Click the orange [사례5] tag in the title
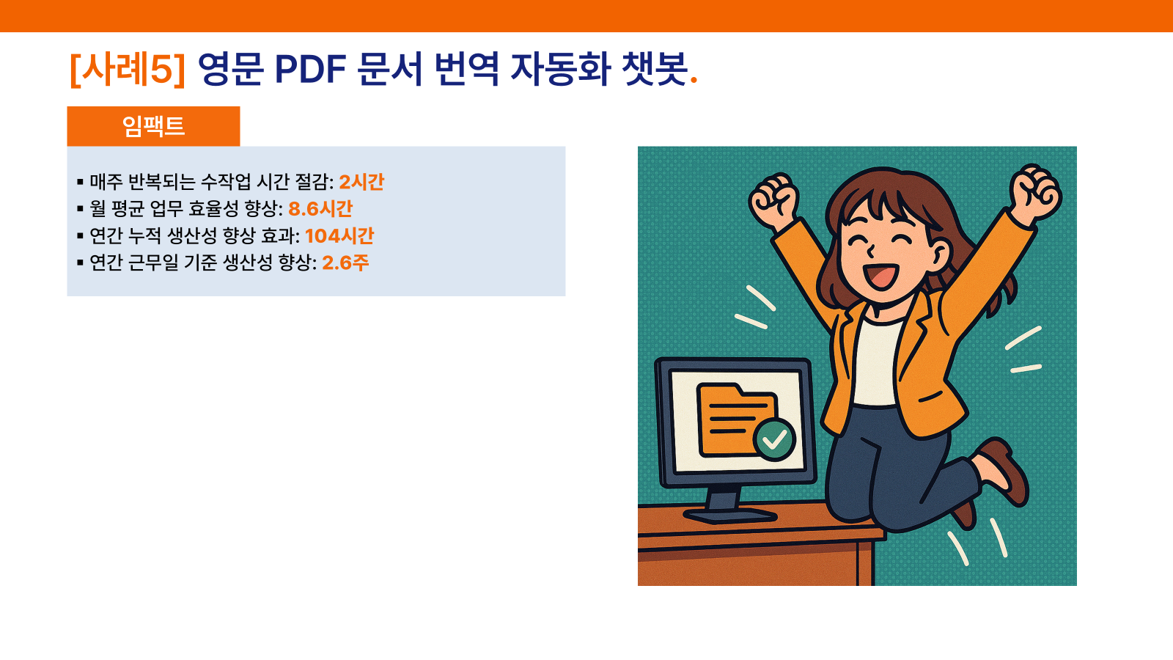coord(128,69)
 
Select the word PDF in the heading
coord(311,69)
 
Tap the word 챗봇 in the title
coord(653,69)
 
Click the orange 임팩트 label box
coord(153,126)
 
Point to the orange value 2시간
coord(361,182)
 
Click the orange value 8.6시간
coord(320,208)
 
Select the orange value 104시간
coord(339,235)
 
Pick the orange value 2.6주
coord(345,263)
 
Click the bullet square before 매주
coord(80,183)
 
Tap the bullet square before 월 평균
coord(80,209)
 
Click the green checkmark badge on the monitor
coord(774,439)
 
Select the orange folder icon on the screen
coord(733,419)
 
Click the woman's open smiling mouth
coord(882,276)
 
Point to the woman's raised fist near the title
coord(774,201)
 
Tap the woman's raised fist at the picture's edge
coord(1034,191)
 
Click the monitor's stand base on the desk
coord(729,516)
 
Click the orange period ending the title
coord(694,80)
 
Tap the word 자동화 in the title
coord(560,69)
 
